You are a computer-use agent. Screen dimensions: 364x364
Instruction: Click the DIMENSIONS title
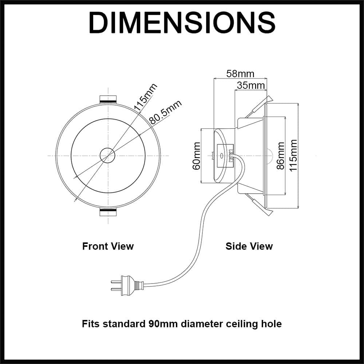coord(182,23)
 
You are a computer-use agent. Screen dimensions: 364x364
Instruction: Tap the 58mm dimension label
coord(240,74)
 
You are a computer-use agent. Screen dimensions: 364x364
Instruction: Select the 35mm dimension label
coord(250,86)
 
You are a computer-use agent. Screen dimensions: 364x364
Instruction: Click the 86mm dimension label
coord(280,156)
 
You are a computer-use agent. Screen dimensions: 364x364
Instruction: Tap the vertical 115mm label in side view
coord(293,156)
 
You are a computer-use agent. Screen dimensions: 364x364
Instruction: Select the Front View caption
coord(108,246)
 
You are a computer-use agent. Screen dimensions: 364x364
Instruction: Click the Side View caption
coord(249,246)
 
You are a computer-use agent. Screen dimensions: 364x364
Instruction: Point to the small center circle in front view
coord(108,155)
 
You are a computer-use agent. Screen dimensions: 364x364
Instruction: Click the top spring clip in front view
coord(108,99)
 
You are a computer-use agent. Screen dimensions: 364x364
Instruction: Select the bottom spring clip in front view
coord(108,213)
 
